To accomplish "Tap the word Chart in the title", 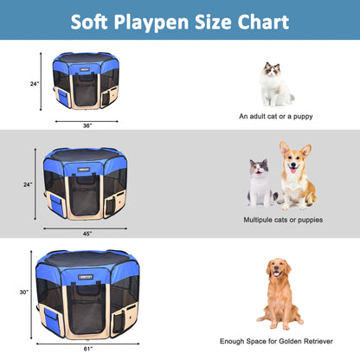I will [261, 22].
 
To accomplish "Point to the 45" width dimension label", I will [87, 233].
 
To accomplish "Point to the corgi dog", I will [296, 177].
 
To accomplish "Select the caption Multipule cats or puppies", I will [283, 220].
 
